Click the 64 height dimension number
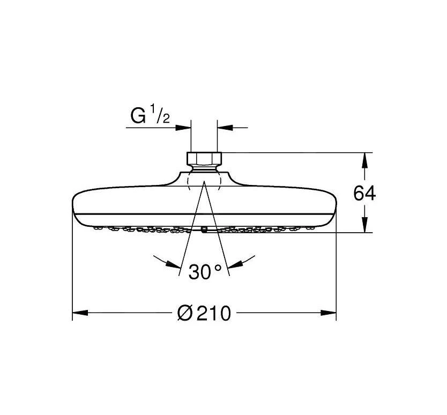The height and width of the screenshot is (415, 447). click(x=364, y=194)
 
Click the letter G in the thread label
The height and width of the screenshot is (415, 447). click(x=138, y=115)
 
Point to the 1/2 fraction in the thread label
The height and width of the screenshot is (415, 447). click(x=163, y=116)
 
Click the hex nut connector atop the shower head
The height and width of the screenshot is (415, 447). click(x=204, y=159)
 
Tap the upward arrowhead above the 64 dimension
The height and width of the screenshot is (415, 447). click(x=365, y=160)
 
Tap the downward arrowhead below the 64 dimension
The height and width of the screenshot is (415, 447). click(x=365, y=226)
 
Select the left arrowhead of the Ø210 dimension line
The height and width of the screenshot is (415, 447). click(x=79, y=312)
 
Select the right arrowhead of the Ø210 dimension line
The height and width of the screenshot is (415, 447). click(x=329, y=312)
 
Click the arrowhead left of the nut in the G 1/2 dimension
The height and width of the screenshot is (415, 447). click(x=184, y=128)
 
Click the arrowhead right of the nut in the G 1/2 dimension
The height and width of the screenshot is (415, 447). click(x=224, y=128)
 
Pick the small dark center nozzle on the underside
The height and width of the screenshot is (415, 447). click(x=204, y=229)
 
